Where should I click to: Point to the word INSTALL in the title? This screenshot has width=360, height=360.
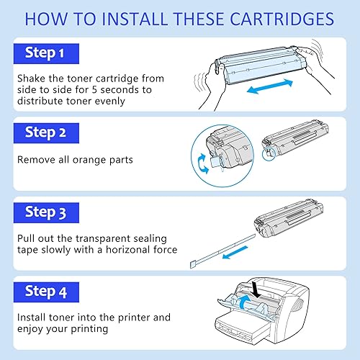point(122,17)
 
